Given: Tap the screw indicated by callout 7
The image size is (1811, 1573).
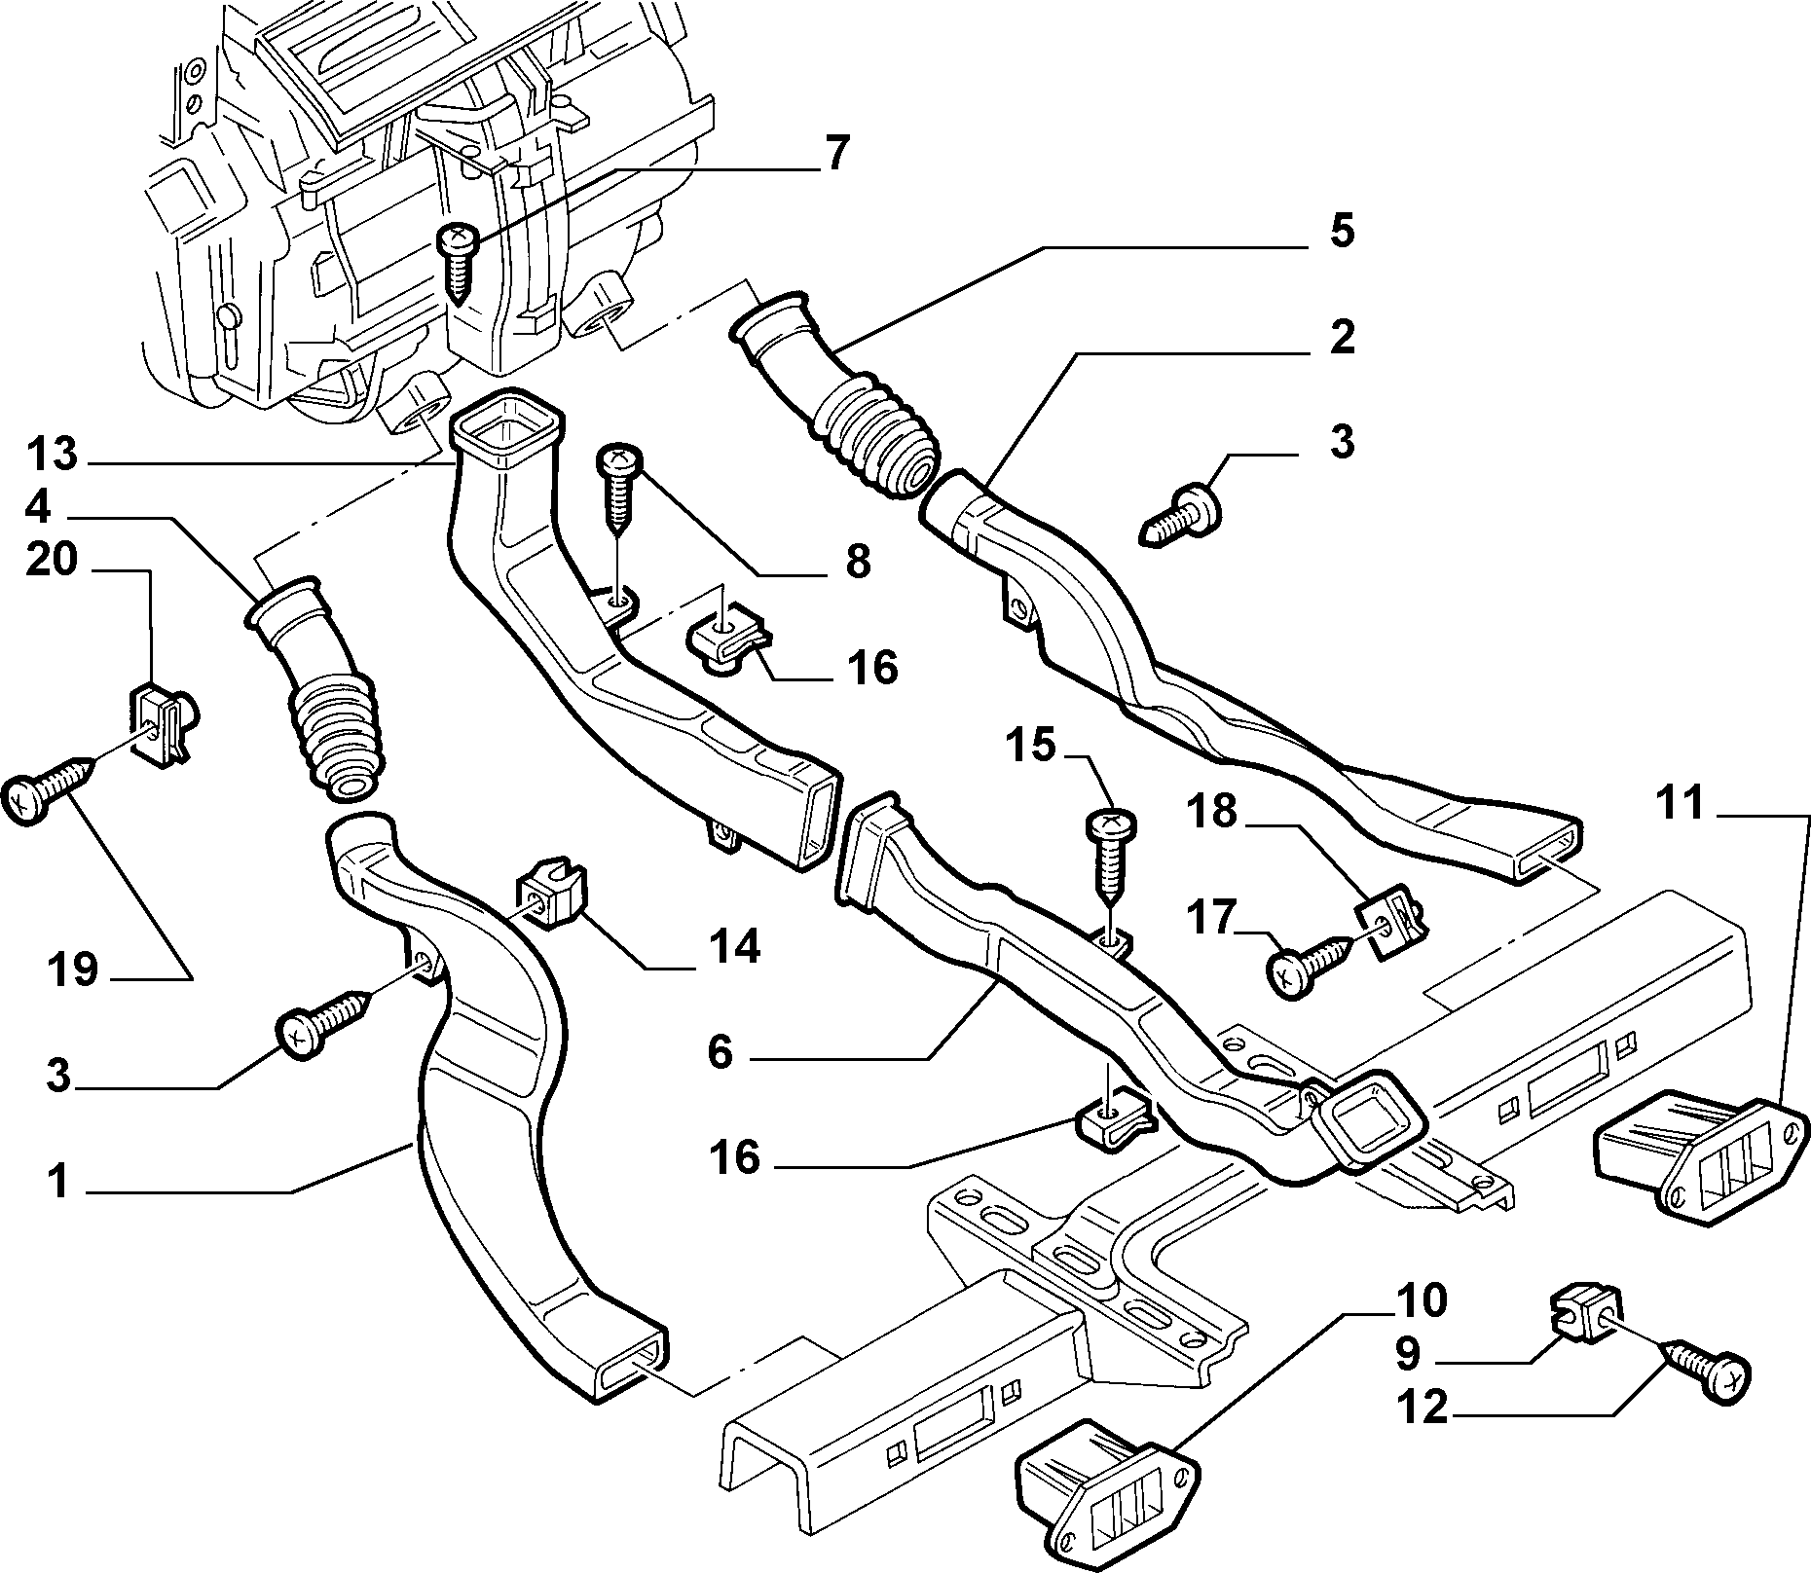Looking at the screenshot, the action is coord(457,261).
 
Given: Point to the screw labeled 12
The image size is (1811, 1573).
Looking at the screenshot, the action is coord(1705,1376).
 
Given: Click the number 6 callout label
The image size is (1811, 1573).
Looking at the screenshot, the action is coord(721,1052).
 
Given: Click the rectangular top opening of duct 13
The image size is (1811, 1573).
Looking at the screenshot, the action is coord(508,429).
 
